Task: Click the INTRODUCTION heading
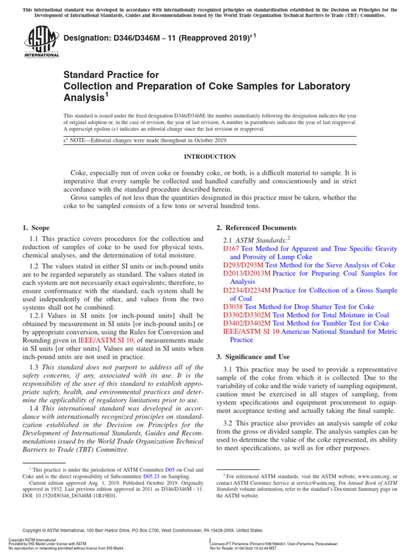[x=209, y=156]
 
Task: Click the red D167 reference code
[x=231, y=248]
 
